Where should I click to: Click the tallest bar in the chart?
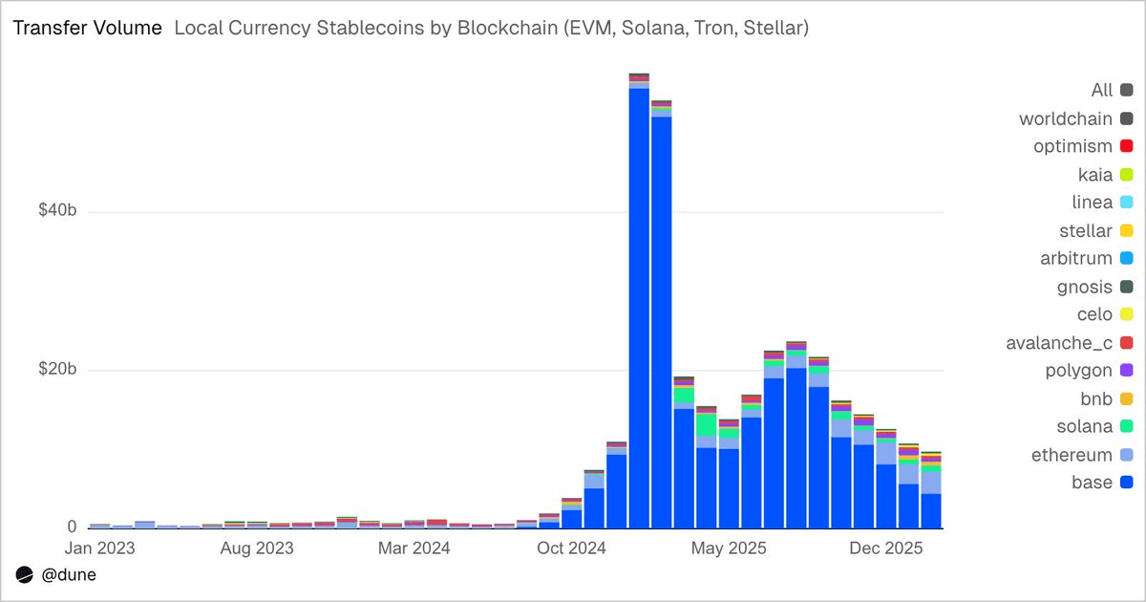tap(639, 306)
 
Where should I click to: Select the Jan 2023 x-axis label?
tap(99, 548)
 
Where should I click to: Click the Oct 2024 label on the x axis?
tap(571, 548)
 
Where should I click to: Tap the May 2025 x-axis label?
tap(728, 548)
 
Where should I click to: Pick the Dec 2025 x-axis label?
tap(885, 548)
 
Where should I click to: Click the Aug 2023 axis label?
tap(257, 548)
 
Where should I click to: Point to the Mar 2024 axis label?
tap(414, 548)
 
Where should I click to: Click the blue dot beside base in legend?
tap(1126, 483)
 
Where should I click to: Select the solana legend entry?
tap(1085, 426)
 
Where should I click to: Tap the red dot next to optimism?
tap(1126, 146)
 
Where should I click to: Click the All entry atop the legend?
tap(1102, 90)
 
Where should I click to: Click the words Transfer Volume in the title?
tap(87, 29)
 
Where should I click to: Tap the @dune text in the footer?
tap(69, 575)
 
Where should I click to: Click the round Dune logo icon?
tap(24, 575)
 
